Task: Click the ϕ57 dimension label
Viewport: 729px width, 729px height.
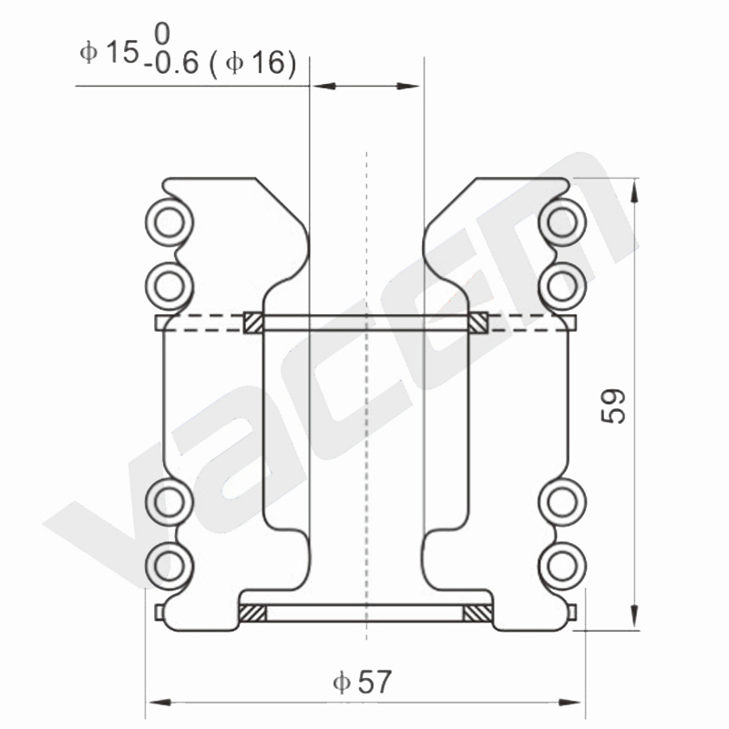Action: (363, 682)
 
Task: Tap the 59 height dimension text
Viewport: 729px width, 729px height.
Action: (613, 406)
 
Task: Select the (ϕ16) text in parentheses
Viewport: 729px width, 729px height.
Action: (253, 63)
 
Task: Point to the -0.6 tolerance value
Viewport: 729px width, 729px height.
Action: (171, 63)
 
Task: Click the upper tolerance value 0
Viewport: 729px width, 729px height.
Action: (162, 35)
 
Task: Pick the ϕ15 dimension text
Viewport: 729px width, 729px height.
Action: (109, 51)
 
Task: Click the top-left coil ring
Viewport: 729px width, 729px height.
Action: (169, 222)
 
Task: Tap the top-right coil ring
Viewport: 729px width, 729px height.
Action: (562, 222)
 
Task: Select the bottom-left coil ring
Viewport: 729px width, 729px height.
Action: (169, 566)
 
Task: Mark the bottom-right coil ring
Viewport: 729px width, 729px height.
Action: (562, 566)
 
